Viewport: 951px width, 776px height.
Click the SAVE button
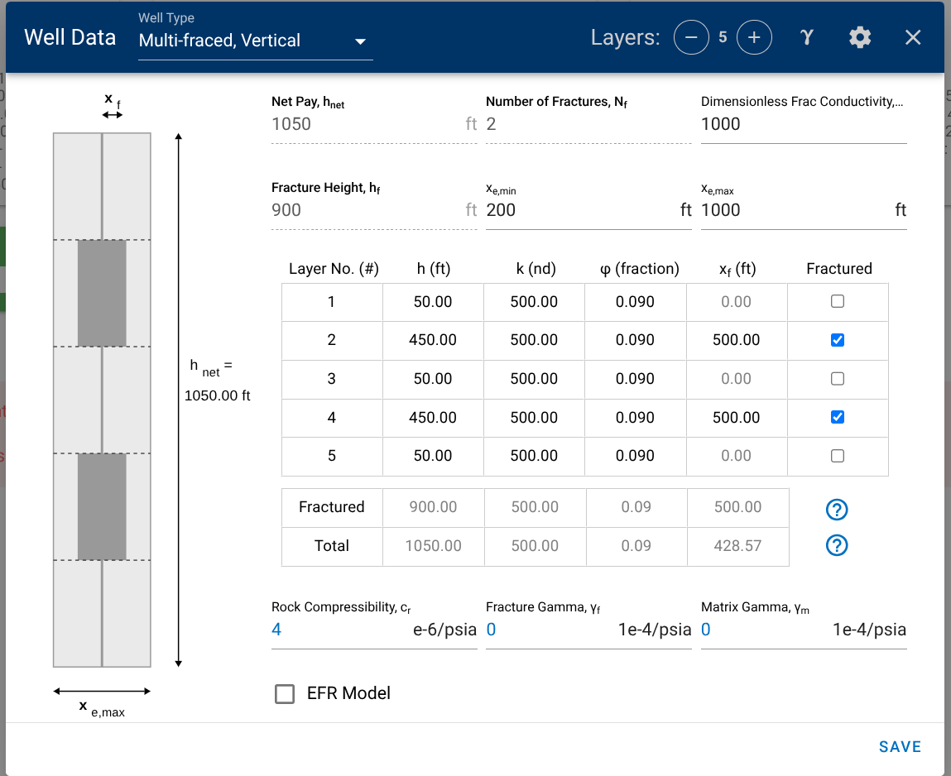click(x=900, y=747)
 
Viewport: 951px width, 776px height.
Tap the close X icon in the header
click(x=913, y=37)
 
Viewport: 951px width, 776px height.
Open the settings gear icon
click(x=860, y=37)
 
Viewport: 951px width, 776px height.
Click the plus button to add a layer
click(x=754, y=37)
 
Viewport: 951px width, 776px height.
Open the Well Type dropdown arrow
click(x=360, y=41)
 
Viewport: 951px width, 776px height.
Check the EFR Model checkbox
click(x=285, y=694)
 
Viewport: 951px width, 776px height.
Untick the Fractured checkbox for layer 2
click(x=838, y=340)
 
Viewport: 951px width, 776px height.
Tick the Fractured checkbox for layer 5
click(x=838, y=456)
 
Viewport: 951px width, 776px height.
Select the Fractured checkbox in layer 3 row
click(x=838, y=379)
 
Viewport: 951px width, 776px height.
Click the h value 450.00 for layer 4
click(x=433, y=418)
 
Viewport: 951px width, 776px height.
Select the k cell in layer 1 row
click(x=534, y=302)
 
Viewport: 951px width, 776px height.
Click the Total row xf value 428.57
click(x=737, y=546)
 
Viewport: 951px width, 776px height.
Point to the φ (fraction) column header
click(x=635, y=269)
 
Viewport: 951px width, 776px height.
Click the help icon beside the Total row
click(x=837, y=545)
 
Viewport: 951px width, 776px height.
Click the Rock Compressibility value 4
click(x=276, y=630)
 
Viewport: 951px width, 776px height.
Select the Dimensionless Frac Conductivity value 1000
click(x=721, y=124)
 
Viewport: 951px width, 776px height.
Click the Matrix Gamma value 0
click(x=706, y=630)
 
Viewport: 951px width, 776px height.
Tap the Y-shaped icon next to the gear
click(x=807, y=37)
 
